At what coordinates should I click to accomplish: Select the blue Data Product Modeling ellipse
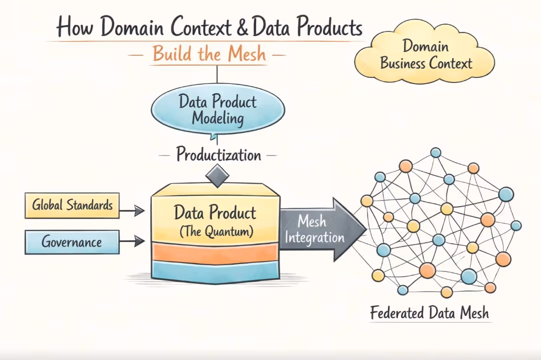(217, 110)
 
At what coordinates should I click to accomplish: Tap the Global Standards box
(72, 205)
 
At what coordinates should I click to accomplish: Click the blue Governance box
(72, 242)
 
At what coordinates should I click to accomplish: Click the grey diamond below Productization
(217, 176)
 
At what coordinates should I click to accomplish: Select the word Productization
(218, 154)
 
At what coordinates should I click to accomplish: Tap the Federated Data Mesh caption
(429, 313)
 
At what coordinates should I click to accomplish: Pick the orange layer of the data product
(215, 253)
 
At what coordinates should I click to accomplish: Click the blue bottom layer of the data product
(215, 271)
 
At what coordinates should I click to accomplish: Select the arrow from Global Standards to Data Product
(132, 211)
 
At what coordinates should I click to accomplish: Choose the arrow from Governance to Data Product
(132, 242)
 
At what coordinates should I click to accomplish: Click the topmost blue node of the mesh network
(435, 152)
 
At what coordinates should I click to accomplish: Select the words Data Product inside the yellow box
(215, 213)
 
